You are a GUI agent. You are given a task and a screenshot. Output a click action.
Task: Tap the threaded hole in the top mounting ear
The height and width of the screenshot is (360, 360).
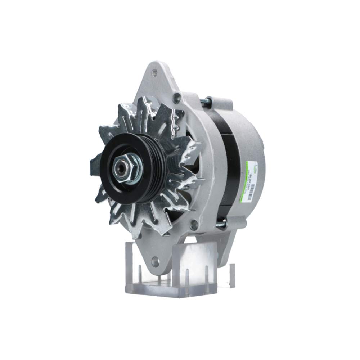(x=154, y=73)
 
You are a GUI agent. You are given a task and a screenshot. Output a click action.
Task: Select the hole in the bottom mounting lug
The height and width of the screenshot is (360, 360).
(x=155, y=262)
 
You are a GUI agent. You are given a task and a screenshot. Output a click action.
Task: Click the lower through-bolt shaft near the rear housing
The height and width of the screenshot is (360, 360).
(x=221, y=225)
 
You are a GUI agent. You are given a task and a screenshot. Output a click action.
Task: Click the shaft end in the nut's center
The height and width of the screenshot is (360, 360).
(x=121, y=167)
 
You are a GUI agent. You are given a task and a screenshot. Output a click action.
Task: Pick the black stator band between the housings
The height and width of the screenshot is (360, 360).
(x=230, y=162)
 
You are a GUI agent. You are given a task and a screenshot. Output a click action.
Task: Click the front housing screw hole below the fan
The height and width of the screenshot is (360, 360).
(x=194, y=225)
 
